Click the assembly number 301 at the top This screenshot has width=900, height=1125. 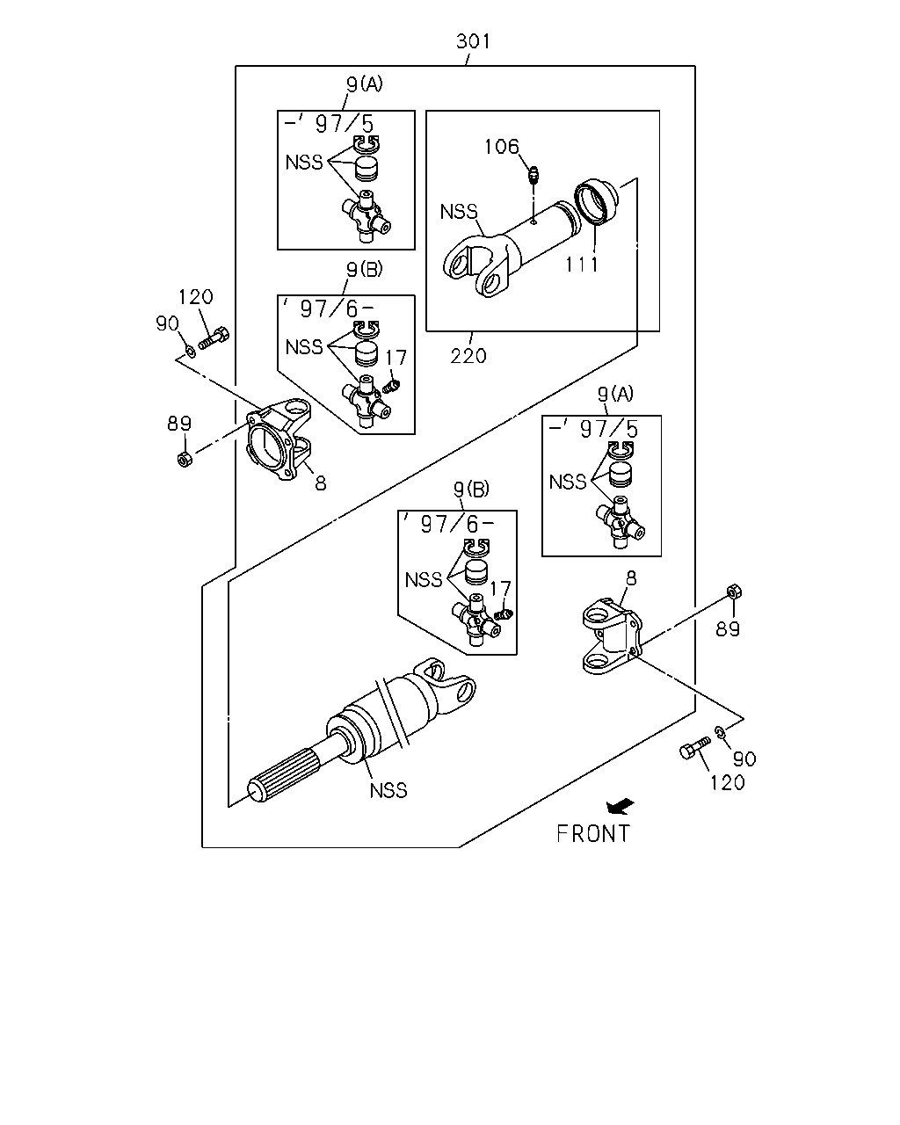(x=473, y=40)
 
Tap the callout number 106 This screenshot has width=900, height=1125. (x=502, y=147)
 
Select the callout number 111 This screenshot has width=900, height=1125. (x=582, y=265)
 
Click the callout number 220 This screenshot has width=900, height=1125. (x=468, y=356)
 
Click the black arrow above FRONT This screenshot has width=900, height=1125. (x=621, y=807)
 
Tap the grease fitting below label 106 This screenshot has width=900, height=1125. (x=533, y=174)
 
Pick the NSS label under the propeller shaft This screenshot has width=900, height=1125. (x=388, y=790)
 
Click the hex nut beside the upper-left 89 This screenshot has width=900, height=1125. (x=185, y=460)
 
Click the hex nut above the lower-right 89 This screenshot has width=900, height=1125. (x=734, y=592)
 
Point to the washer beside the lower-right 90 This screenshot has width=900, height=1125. (x=720, y=732)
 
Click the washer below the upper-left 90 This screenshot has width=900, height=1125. (x=192, y=351)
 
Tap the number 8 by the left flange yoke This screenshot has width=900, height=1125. (x=321, y=483)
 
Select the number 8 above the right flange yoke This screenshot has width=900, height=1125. (x=631, y=578)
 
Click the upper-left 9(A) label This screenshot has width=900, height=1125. (x=365, y=83)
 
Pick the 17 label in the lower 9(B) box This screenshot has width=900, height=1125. (x=500, y=589)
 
